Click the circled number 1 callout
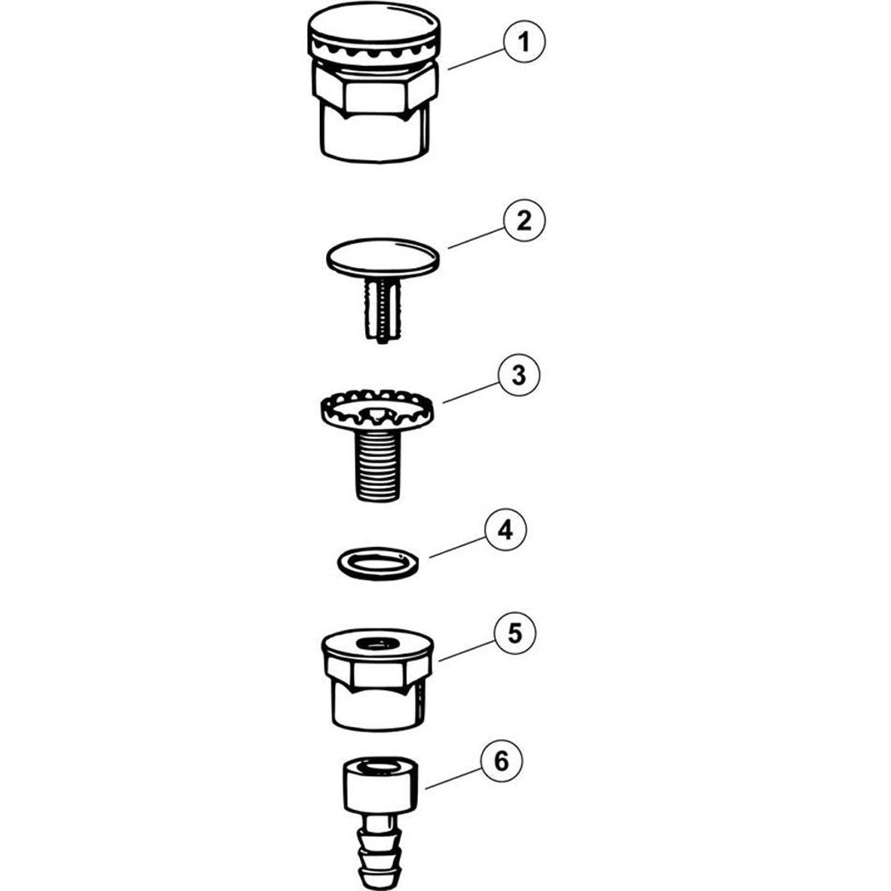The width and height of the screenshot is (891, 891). tap(524, 41)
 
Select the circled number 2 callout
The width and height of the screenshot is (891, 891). tap(524, 221)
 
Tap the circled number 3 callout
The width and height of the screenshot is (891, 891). tap(519, 375)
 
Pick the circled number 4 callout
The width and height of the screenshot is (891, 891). tap(505, 530)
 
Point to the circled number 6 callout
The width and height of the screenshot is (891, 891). tap(502, 761)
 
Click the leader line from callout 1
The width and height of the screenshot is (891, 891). tap(477, 59)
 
